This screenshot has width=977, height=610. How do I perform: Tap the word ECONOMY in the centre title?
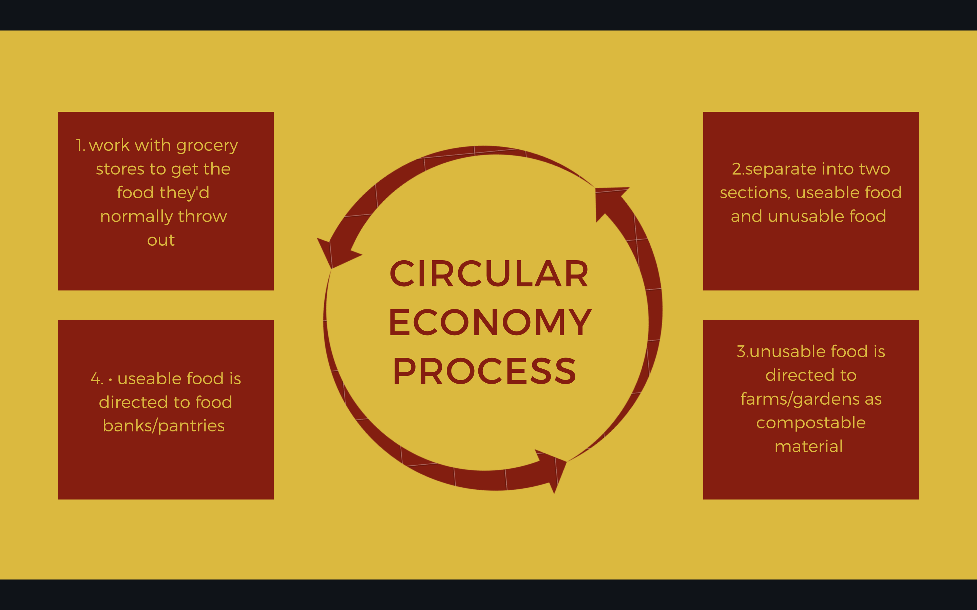point(490,322)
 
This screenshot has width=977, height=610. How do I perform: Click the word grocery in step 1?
point(207,146)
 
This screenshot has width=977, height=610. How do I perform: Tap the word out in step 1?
point(161,240)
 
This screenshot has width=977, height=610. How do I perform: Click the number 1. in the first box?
point(80,145)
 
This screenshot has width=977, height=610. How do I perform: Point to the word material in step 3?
point(809,447)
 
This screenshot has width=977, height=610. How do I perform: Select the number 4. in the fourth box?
point(97,379)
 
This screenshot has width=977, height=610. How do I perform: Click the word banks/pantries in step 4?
point(164,426)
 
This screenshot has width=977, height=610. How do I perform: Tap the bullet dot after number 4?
point(110,379)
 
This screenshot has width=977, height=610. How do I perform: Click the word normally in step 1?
point(136,217)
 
